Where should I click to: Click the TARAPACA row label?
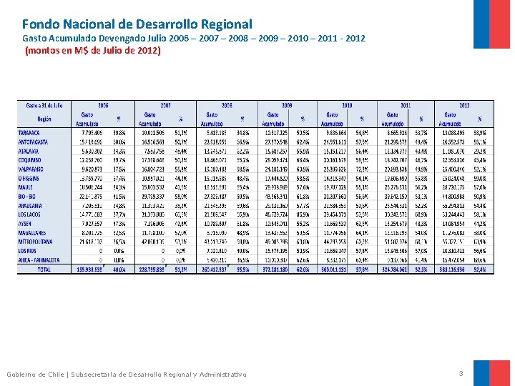(x=30, y=132)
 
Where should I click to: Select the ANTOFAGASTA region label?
(x=33, y=142)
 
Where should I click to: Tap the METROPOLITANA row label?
(x=36, y=242)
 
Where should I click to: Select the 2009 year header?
(x=287, y=104)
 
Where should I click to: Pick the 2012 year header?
(x=465, y=104)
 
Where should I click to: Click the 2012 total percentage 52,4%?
(x=480, y=269)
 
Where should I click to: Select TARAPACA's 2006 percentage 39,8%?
(x=119, y=132)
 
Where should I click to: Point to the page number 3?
(x=461, y=373)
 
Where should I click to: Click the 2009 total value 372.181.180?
(x=273, y=269)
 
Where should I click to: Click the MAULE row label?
(x=26, y=187)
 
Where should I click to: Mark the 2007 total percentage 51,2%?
(x=180, y=269)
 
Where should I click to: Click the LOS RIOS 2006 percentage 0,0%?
(x=119, y=251)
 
